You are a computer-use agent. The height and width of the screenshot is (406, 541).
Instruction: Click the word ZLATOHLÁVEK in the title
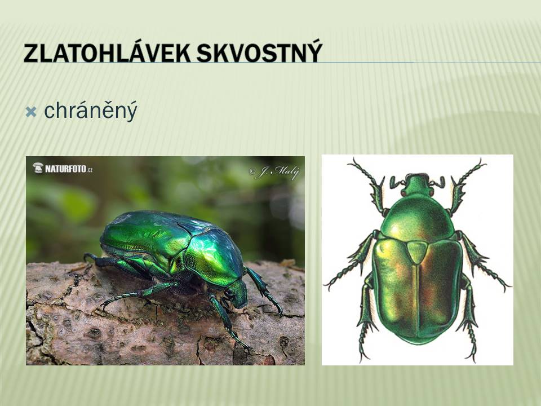107,52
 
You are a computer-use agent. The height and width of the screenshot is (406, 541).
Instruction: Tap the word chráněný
91,111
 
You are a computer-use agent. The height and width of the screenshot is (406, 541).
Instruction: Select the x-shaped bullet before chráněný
31,112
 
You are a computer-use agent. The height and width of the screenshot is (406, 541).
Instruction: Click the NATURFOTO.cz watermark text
69,169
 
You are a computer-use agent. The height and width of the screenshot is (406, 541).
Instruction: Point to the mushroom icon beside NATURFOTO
38,168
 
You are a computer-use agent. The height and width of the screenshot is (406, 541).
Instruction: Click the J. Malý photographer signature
274,173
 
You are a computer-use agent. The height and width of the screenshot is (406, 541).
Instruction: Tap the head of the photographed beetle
238,294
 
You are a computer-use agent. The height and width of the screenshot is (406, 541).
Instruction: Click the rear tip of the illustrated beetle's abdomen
418,344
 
